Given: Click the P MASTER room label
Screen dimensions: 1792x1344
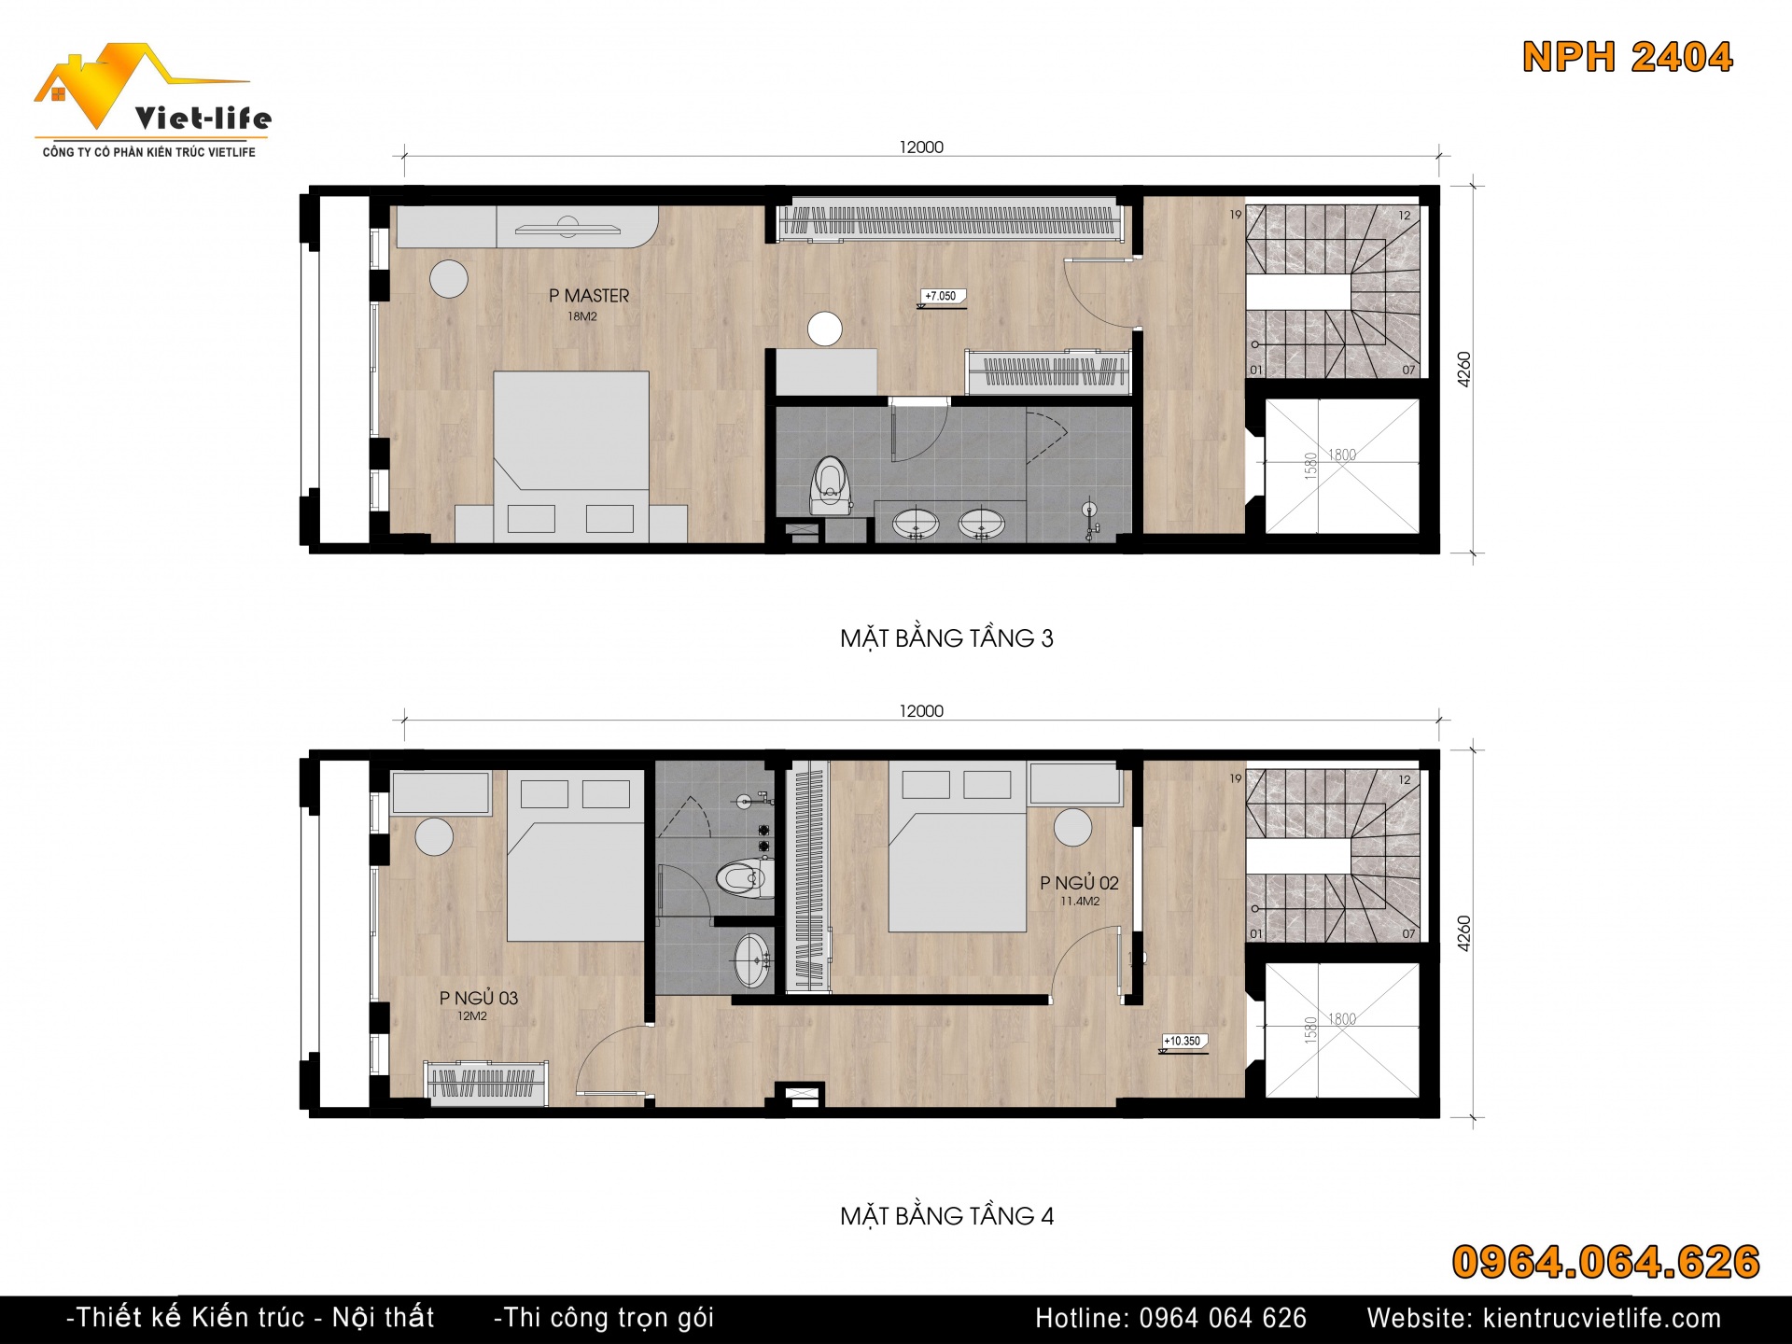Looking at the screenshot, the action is click(589, 296).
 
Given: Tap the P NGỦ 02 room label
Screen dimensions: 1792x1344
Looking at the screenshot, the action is click(1079, 883).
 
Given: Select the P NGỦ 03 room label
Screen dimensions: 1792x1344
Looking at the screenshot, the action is click(479, 998).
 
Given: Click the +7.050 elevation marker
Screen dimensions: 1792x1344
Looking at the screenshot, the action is click(941, 297).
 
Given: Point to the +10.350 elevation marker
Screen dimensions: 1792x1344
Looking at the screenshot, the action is click(1183, 1042).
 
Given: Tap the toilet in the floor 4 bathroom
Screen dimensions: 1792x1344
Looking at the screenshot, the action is click(745, 878).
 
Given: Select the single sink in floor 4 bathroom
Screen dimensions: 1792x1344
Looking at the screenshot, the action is click(751, 959).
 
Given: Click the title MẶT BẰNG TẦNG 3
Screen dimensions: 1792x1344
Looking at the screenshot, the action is click(946, 638).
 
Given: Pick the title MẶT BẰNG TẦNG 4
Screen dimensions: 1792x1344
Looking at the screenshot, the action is click(946, 1216).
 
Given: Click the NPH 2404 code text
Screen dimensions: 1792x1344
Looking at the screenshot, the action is click(1628, 57).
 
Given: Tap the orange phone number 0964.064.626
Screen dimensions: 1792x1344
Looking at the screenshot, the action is click(1605, 1262).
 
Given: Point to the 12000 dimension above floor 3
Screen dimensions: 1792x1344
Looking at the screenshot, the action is click(921, 147).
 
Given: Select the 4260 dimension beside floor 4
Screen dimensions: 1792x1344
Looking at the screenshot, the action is click(1463, 933).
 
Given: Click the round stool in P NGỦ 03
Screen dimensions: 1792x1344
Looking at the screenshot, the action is click(434, 836).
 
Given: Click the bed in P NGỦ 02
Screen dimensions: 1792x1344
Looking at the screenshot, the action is click(958, 847).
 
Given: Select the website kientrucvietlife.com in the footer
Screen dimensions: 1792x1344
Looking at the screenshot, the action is click(1544, 1318).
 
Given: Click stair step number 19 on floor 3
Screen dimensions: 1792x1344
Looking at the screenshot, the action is click(1236, 215).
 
